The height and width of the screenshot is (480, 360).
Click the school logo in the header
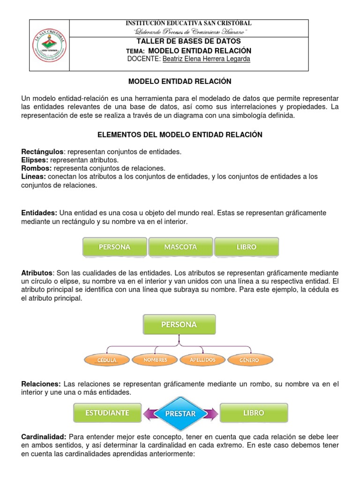[50, 45]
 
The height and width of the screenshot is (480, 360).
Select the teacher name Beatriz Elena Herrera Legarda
[200, 59]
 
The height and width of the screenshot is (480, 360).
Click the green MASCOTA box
[180, 247]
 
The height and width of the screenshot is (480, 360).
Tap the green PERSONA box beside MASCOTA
[114, 247]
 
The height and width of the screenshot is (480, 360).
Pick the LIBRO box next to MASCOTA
[247, 247]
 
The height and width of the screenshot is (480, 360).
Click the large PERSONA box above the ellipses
[179, 324]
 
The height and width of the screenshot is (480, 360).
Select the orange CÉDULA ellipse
[107, 360]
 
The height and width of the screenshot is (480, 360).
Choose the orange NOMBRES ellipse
[155, 360]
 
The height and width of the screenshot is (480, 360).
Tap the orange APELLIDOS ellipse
[202, 360]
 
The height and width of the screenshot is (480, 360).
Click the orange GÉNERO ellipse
[250, 360]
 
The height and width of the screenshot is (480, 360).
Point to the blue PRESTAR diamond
[180, 413]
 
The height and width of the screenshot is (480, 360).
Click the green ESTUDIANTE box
[107, 413]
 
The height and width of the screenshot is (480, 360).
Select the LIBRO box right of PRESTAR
[254, 413]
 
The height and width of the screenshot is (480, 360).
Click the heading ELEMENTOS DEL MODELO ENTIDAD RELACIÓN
[180, 135]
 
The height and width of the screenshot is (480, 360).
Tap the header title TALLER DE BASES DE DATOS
[189, 41]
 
